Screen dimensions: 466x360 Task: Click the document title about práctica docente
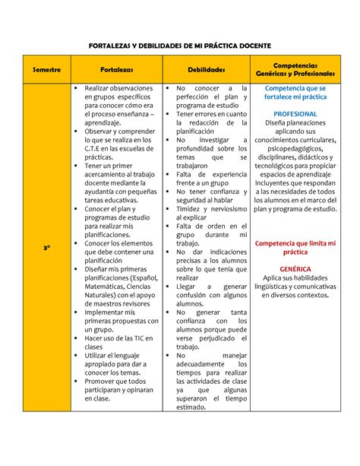click(180, 46)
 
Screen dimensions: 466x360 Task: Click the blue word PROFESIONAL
click(295, 114)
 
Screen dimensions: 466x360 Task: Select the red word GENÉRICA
click(295, 269)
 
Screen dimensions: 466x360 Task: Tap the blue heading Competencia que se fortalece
click(295, 94)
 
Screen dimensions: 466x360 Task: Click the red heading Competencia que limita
click(295, 248)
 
